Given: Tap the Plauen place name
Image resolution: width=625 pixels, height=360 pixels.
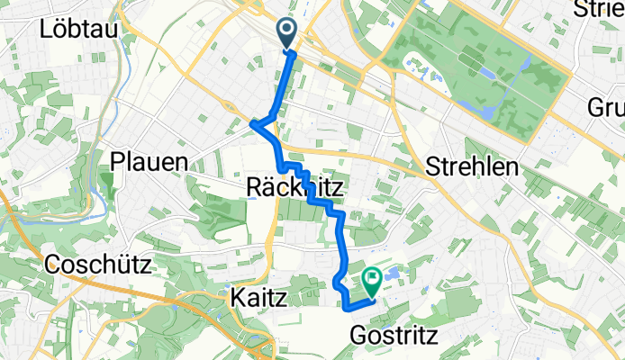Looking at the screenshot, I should click(x=149, y=162).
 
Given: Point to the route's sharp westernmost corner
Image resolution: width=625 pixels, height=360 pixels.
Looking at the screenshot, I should click(x=251, y=124).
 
